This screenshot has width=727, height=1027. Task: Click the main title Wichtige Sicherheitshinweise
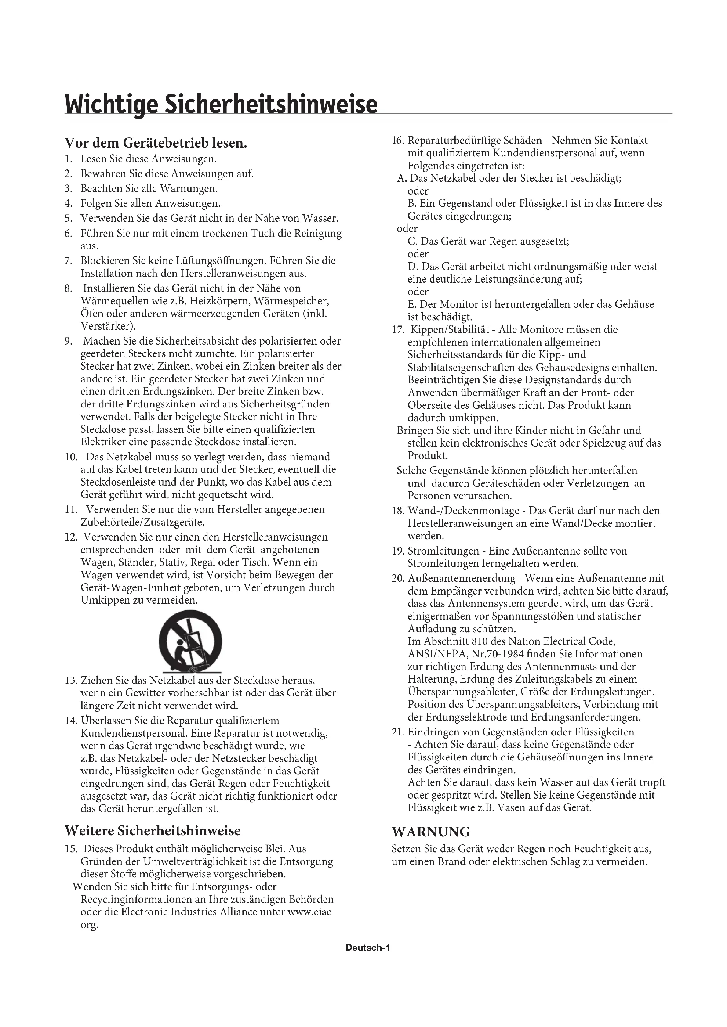221,104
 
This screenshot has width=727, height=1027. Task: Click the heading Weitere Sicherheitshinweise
153,831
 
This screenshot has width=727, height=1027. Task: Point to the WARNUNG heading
431,832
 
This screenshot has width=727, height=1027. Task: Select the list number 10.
72,457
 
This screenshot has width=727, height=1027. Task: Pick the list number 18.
398,511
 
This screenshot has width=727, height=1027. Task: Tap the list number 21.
398,732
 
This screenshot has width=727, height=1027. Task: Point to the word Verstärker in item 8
106,326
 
